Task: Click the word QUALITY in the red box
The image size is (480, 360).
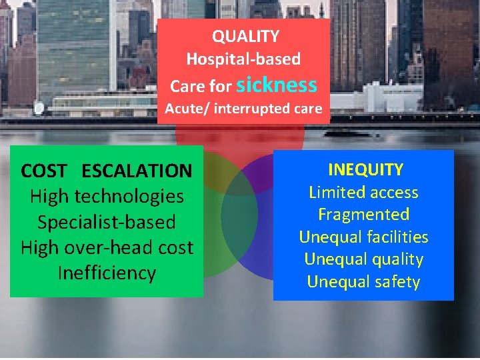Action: point(245,36)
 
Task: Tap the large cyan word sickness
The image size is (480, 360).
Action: point(277,85)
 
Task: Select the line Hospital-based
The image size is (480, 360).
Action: point(243,59)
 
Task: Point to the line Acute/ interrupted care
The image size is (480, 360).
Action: point(243,108)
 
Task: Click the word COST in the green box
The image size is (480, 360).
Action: point(43,171)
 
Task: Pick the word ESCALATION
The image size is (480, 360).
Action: point(137,171)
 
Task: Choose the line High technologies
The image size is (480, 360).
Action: point(107,196)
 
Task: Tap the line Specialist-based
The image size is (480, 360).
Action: point(107,222)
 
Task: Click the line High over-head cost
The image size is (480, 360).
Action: point(107,247)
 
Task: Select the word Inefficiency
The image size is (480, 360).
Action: point(107,273)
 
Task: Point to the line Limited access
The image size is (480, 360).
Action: point(363,193)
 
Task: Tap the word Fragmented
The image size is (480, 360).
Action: point(363,215)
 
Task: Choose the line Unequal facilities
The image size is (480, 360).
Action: point(363,237)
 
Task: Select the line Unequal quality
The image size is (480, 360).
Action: point(363,259)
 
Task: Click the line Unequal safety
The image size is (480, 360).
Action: point(363,282)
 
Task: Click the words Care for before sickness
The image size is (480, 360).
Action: point(200,87)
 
